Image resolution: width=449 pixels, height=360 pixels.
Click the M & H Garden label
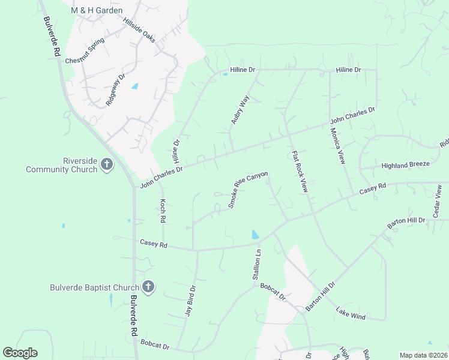[97, 10]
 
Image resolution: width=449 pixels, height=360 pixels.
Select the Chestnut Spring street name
[85, 52]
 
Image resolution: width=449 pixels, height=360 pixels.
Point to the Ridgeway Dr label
[115, 90]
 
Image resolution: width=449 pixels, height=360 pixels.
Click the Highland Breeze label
[405, 164]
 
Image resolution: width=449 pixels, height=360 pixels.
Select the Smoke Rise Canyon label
[247, 190]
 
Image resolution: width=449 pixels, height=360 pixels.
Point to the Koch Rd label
[162, 210]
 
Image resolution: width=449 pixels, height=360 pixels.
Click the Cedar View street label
[438, 202]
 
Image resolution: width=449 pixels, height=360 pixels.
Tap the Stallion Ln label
[258, 265]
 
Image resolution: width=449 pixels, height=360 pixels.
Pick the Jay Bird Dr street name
[190, 299]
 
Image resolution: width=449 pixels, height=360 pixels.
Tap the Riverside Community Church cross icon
[107, 164]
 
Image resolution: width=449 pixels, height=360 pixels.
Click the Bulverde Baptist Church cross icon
[149, 287]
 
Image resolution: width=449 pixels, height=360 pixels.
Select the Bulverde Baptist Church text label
[94, 287]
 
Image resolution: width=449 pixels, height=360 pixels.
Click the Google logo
[20, 353]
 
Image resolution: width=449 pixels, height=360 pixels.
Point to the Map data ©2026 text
[423, 355]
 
